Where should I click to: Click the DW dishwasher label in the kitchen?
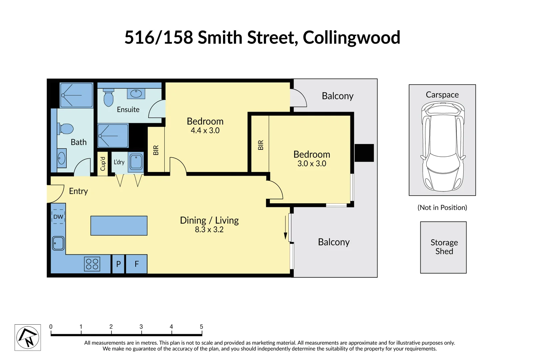coord(58,217)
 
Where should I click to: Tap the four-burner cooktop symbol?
coord(92,264)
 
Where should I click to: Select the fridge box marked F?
coord(136,264)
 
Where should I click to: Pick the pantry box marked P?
coord(118,264)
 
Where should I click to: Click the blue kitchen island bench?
coord(119,226)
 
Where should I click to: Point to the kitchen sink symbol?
coord(58,243)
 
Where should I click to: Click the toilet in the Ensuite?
coord(108,97)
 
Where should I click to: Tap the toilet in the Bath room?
coord(66,129)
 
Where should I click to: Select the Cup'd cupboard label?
coord(103,164)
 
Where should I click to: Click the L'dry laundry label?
coord(119,162)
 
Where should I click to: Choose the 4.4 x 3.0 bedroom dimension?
coord(205,131)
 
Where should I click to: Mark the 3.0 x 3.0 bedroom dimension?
coord(312,164)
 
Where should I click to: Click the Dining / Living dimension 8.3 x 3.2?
coord(209,230)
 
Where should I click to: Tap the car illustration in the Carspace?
coord(443,147)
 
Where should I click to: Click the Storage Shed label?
coord(444,247)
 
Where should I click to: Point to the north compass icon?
coord(28,337)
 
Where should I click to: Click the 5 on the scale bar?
coord(201,327)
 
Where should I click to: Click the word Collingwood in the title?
coord(351,37)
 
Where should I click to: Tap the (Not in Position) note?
coord(442,208)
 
